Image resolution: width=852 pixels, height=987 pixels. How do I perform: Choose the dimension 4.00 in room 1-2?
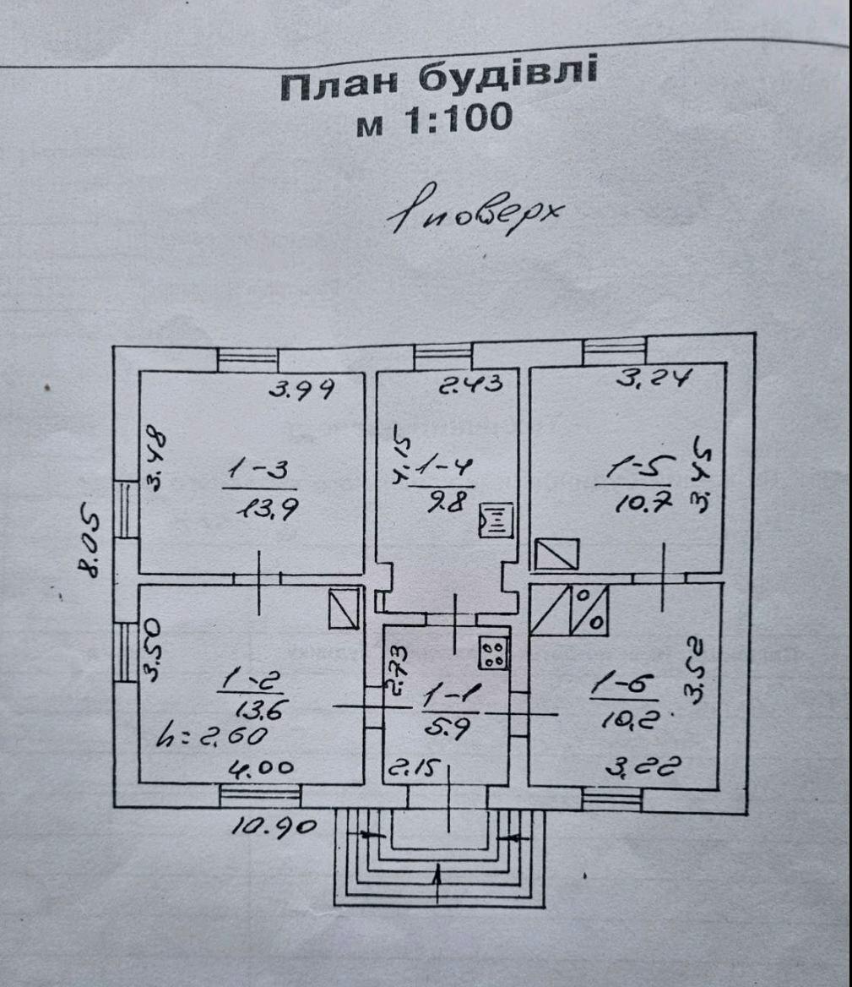264,768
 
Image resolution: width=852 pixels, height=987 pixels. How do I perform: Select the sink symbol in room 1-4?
493,521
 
